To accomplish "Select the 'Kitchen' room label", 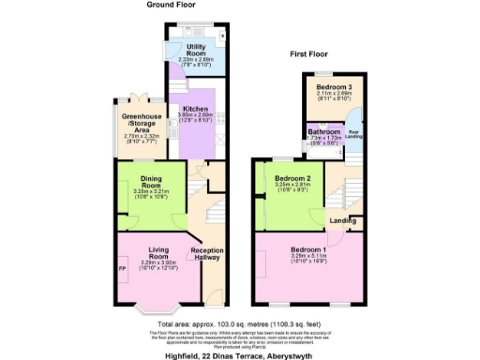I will click(x=194, y=109).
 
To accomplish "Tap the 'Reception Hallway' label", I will click(x=206, y=255).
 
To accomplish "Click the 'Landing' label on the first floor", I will click(x=341, y=221).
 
